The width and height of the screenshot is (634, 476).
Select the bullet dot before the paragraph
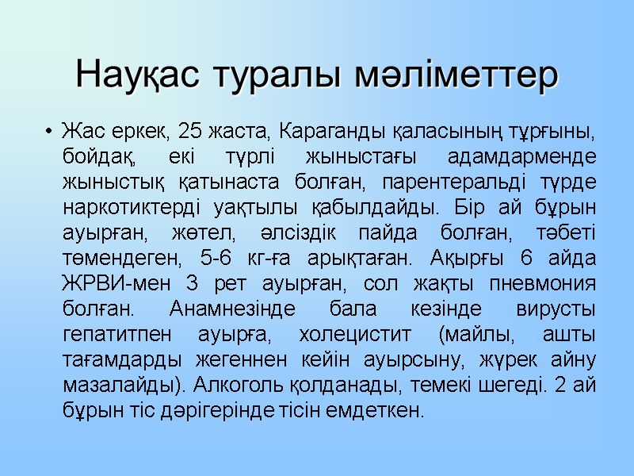pyautogui.click(x=49, y=129)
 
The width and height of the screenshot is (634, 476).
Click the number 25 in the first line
pyautogui.click(x=193, y=129)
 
